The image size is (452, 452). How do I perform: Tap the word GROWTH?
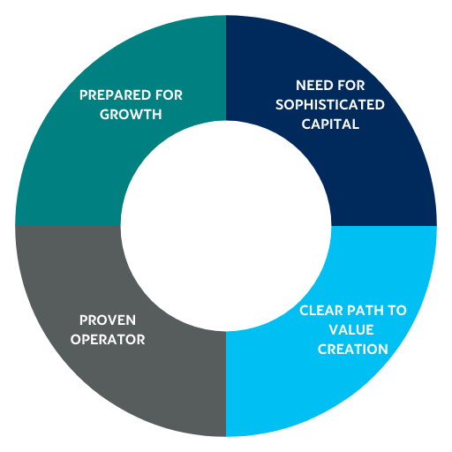point(131,115)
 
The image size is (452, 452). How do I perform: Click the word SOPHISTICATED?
point(330,105)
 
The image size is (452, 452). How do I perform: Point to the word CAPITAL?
point(330,124)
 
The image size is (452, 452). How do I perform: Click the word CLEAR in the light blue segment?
point(321,311)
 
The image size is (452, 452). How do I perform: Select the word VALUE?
point(351,329)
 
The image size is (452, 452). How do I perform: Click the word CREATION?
point(353,350)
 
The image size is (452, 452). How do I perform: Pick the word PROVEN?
point(108,320)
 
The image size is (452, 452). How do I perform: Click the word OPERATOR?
point(108,340)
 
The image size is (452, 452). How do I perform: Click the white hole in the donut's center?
point(226,226)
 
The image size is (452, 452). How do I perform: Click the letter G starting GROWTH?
point(105,115)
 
